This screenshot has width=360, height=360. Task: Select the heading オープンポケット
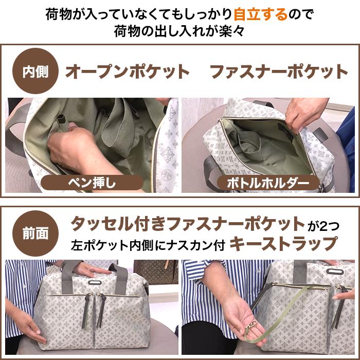(128, 72)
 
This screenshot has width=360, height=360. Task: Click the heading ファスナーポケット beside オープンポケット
(279, 72)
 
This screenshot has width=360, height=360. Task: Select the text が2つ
(324, 225)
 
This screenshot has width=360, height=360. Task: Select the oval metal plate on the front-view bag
(93, 281)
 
